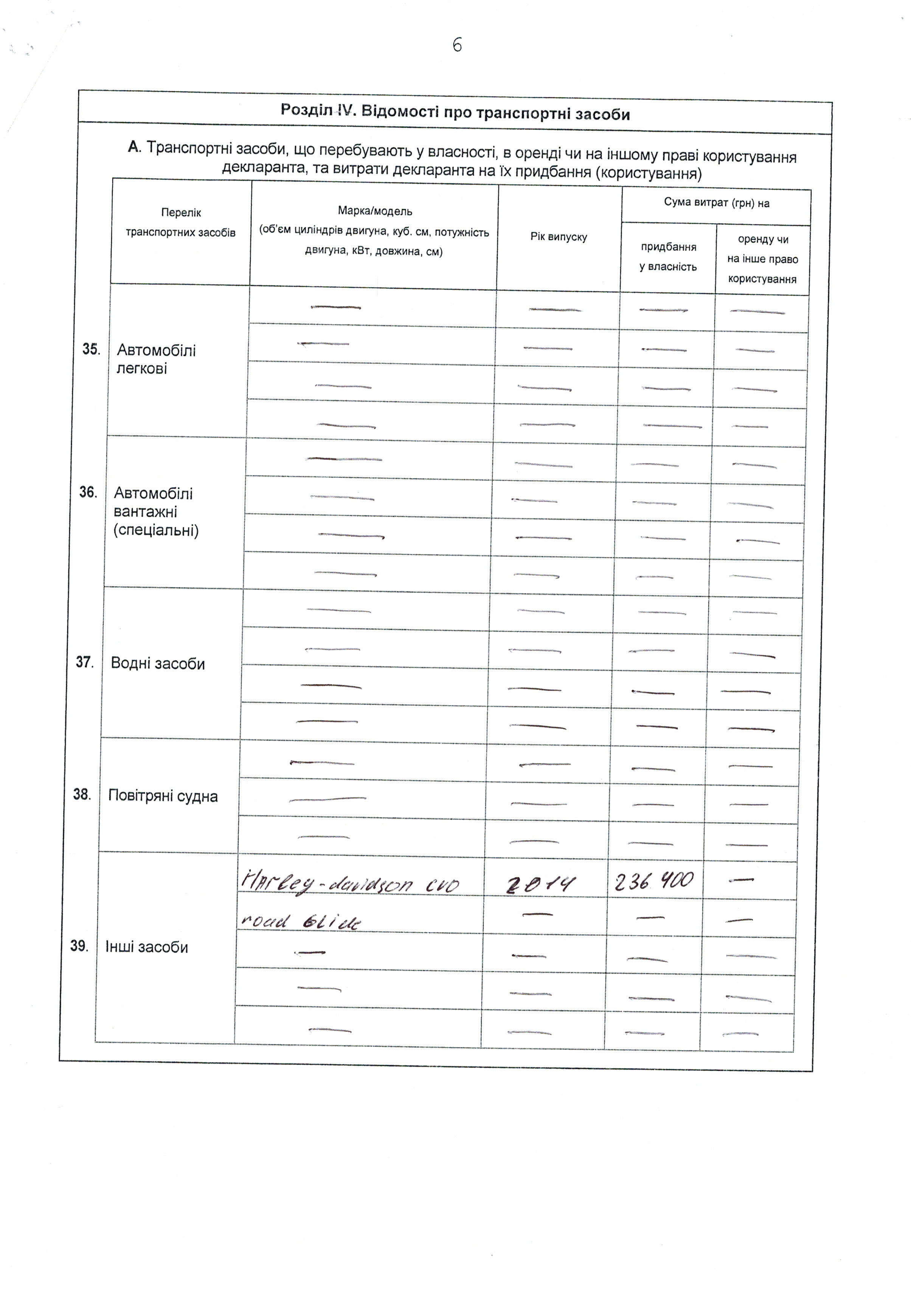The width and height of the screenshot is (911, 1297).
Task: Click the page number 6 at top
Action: click(x=457, y=45)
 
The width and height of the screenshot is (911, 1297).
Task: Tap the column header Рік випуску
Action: click(x=559, y=237)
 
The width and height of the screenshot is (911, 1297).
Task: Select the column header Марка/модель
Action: click(x=375, y=211)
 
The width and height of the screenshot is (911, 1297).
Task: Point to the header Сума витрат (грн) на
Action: click(x=716, y=203)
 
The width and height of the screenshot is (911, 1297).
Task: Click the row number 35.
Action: click(x=91, y=349)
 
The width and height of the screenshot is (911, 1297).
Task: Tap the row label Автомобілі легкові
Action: click(x=156, y=359)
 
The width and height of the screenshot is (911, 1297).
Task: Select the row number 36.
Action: click(x=88, y=492)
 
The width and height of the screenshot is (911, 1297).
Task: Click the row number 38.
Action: click(x=82, y=795)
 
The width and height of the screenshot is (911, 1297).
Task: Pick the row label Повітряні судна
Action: click(x=163, y=796)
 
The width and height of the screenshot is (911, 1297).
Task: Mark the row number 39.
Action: click(x=79, y=946)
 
